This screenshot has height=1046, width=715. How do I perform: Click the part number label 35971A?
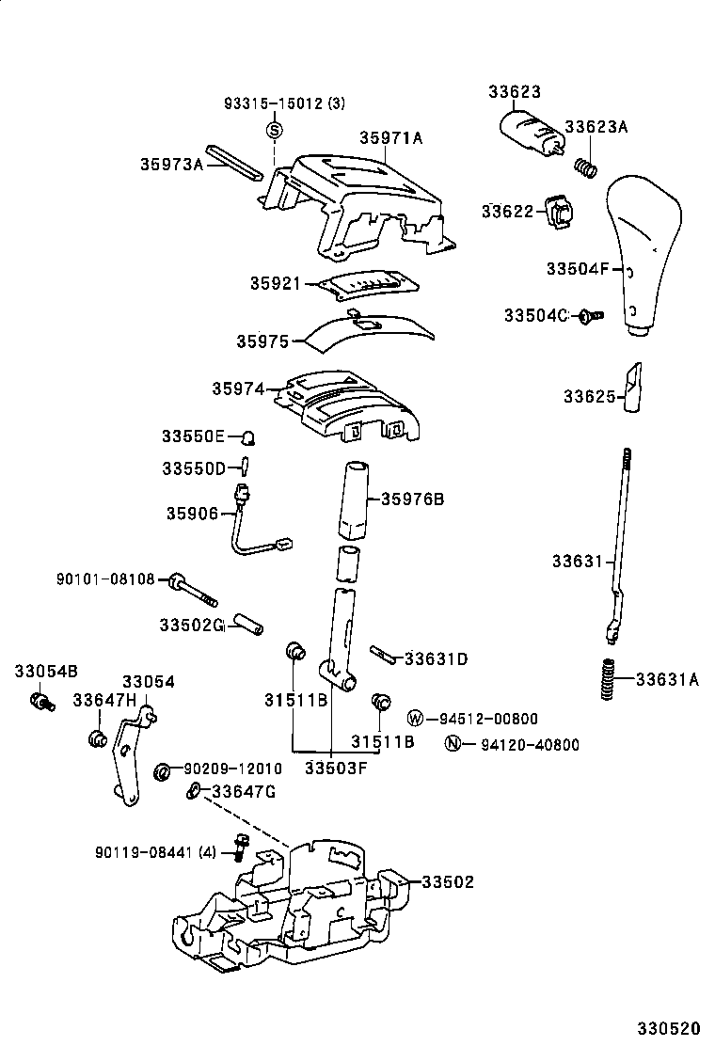[390, 138]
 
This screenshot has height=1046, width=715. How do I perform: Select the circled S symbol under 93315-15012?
[274, 130]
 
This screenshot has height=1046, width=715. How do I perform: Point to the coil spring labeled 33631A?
[608, 678]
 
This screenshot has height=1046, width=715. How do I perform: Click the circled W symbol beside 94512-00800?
[416, 719]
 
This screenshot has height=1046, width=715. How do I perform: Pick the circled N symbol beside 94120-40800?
[453, 744]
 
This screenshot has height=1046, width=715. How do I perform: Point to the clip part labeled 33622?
[559, 212]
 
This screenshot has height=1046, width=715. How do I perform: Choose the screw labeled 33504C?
[590, 316]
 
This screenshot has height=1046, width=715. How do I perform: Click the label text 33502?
[447, 882]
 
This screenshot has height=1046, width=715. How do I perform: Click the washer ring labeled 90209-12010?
[162, 771]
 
